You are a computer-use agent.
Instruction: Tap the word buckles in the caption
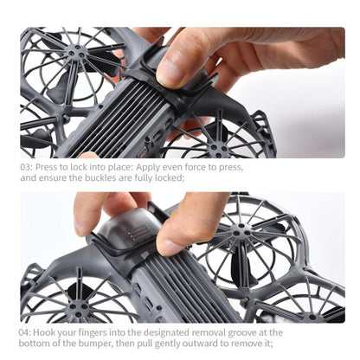tap(100, 177)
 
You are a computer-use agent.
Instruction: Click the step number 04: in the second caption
tap(25, 332)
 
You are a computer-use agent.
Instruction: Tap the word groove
tap(242, 333)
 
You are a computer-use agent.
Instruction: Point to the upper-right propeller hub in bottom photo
tap(242, 231)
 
